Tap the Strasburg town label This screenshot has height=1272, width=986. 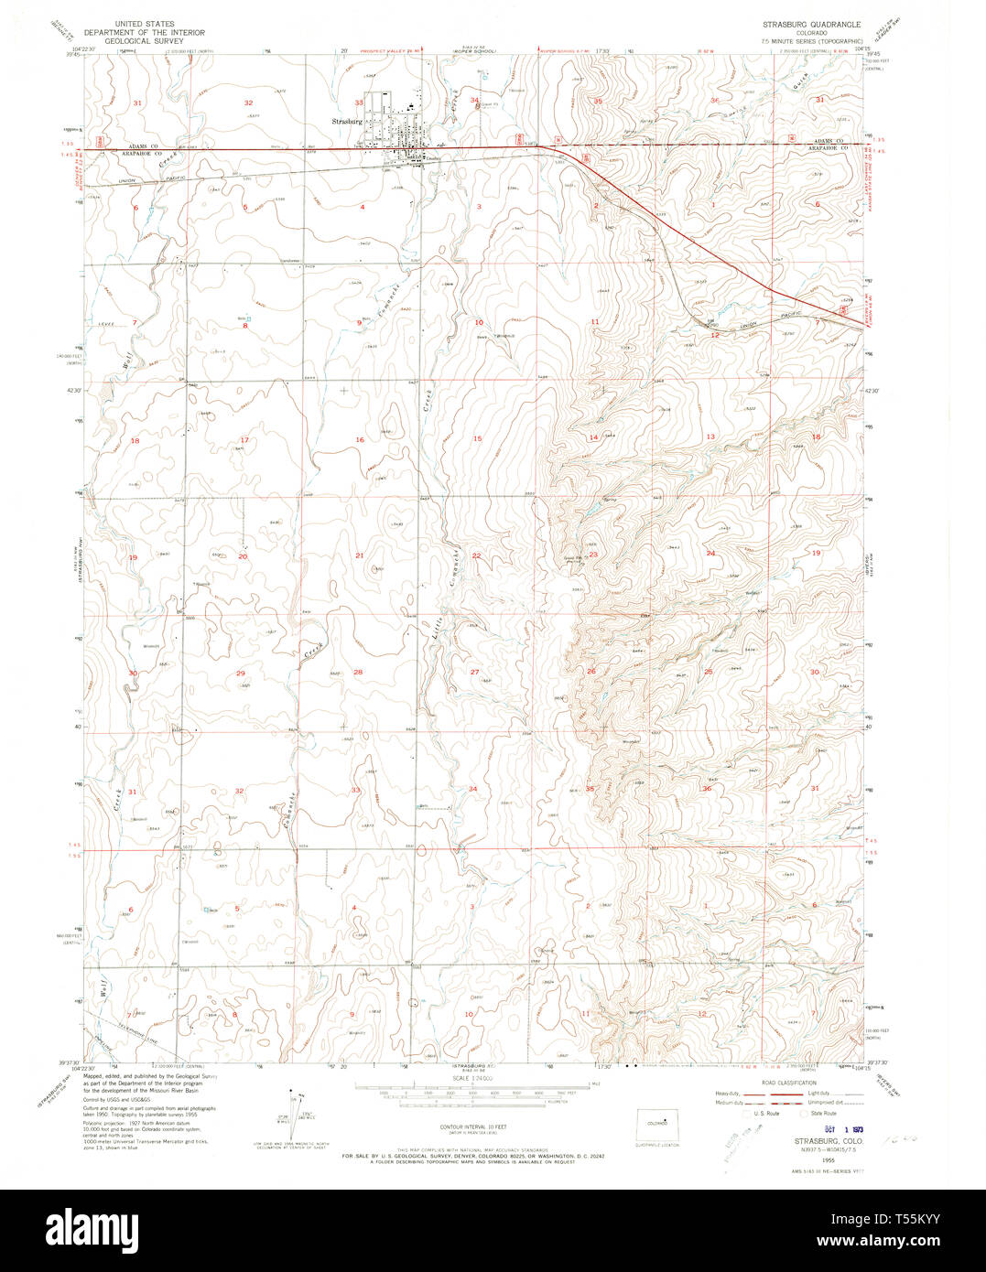[348, 120]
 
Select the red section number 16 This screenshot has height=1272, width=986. [360, 440]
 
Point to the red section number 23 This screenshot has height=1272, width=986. [593, 555]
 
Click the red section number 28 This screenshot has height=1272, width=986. [358, 673]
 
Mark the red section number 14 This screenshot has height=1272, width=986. [593, 437]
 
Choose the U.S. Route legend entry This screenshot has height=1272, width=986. [764, 1114]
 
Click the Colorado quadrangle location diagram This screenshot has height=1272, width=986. [658, 1126]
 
